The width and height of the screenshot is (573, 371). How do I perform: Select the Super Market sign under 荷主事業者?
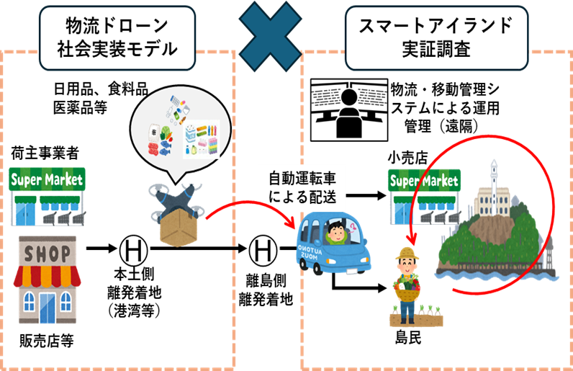(46, 179)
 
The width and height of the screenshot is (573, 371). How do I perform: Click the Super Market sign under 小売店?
(425, 180)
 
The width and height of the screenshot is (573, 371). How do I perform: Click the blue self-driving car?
(332, 244)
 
